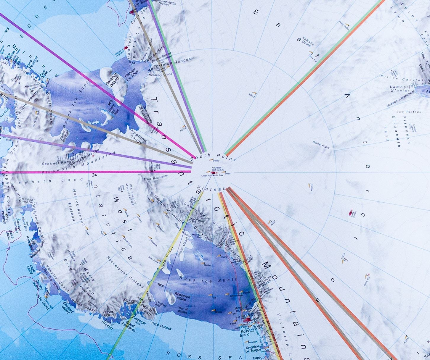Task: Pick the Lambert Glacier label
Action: click(x=400, y=89)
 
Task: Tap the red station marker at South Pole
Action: click(x=213, y=172)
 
